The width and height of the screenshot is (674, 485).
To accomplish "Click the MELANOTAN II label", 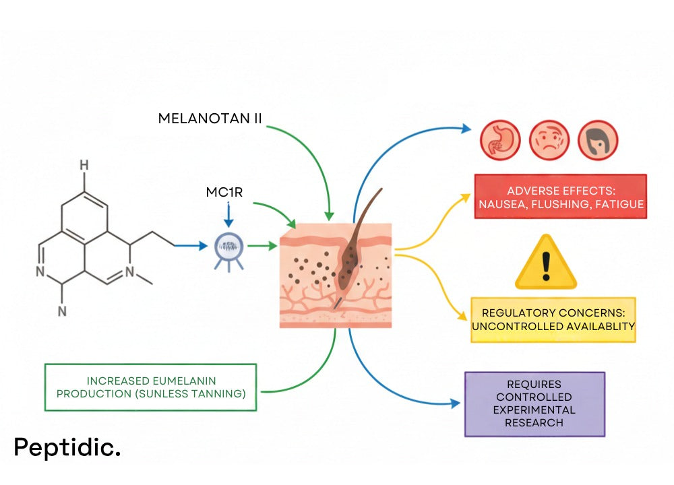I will point(210,119).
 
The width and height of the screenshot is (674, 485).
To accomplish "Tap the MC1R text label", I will point(224,192).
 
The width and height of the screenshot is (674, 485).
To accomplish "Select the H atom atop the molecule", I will point(84,165).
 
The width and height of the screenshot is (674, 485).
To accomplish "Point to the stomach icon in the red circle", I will point(497,139).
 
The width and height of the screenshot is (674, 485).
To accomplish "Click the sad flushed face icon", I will point(547,139).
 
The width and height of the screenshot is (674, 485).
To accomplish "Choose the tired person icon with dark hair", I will point(598,139).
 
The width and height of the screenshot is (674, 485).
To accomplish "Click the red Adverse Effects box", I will point(560,196).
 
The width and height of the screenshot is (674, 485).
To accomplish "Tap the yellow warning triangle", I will point(546,263).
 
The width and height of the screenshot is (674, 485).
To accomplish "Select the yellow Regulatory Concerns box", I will point(553,319).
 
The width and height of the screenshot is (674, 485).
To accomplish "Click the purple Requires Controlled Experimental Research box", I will point(534,403).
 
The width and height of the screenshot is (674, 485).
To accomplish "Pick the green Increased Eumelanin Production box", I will point(150,387).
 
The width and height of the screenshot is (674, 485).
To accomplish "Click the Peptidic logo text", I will point(67,447).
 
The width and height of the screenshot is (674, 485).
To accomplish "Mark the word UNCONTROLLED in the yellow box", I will point(513,326).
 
